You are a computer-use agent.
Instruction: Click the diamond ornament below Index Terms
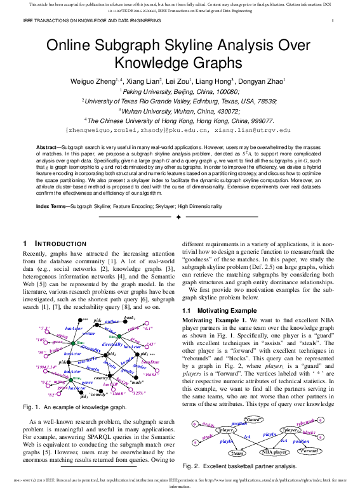(178, 218)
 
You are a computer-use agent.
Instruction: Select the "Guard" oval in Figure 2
(253, 420)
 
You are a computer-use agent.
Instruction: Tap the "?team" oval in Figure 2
(237, 453)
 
